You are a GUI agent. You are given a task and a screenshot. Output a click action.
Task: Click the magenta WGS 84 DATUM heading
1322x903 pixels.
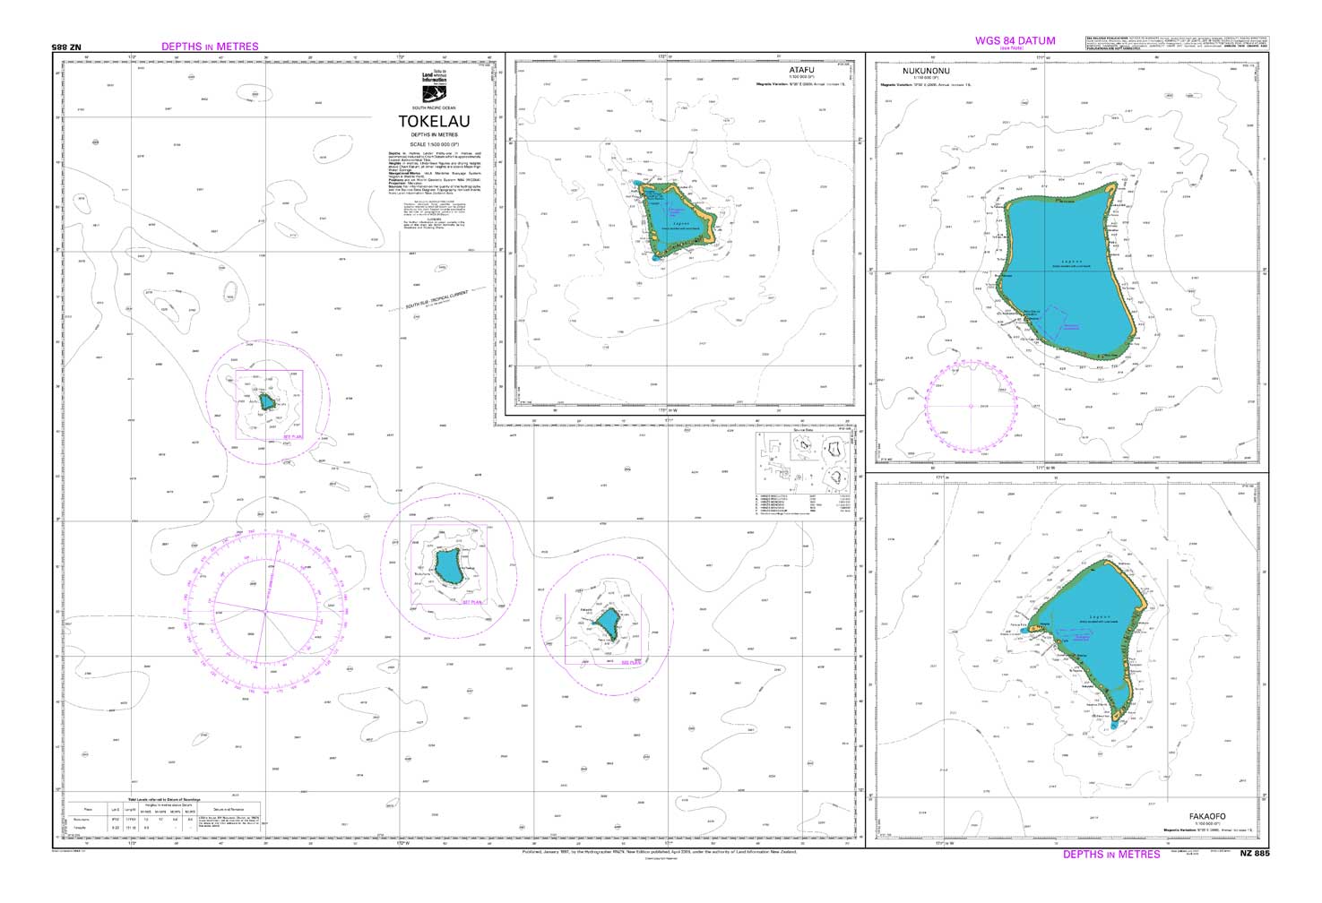[1015, 40]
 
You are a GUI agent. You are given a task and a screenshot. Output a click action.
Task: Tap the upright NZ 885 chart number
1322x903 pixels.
[1255, 854]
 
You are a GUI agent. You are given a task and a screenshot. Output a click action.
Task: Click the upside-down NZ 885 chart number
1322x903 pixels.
[69, 47]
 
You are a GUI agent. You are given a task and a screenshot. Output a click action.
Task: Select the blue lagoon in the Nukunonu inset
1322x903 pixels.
[1071, 269]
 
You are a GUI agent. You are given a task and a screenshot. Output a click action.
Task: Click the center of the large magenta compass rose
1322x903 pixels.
[264, 612]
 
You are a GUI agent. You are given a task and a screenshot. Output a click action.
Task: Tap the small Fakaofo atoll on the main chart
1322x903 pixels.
[609, 624]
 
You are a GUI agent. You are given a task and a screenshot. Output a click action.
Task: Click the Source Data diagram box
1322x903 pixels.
[804, 477]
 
